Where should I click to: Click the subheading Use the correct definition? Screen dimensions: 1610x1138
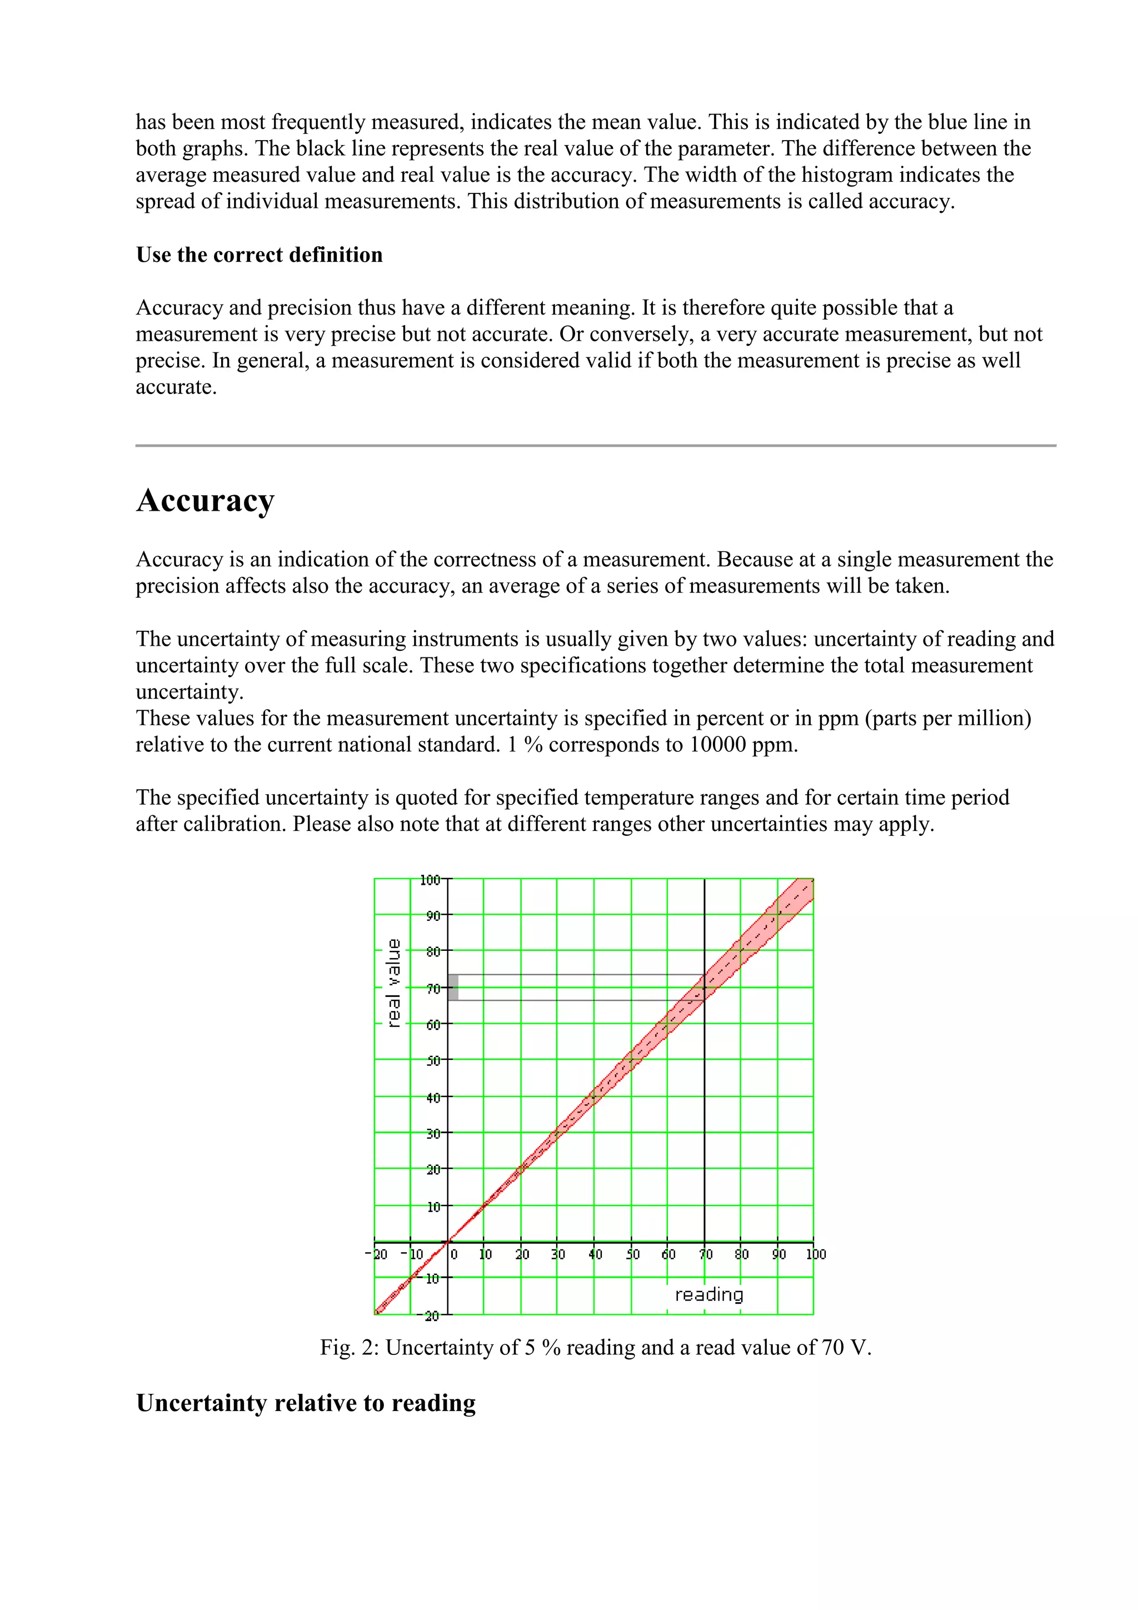[x=259, y=255]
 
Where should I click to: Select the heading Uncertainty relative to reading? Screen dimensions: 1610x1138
[x=306, y=1403]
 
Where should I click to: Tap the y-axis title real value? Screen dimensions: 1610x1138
[x=394, y=983]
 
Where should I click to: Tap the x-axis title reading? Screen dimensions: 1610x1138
[x=708, y=1294]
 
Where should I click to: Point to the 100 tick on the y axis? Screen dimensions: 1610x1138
[x=430, y=879]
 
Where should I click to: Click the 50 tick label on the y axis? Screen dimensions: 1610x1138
[x=433, y=1061]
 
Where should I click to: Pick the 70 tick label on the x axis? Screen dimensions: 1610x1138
[x=705, y=1254]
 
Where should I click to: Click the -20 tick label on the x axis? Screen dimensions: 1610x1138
[x=377, y=1254]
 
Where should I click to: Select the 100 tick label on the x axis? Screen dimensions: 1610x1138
[x=816, y=1254]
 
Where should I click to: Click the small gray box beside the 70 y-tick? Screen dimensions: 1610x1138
[x=453, y=988]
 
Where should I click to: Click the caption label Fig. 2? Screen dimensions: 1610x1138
[x=348, y=1348]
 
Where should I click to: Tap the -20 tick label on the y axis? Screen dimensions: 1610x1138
[x=432, y=1316]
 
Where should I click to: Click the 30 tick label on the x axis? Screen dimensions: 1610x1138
[x=558, y=1254]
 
